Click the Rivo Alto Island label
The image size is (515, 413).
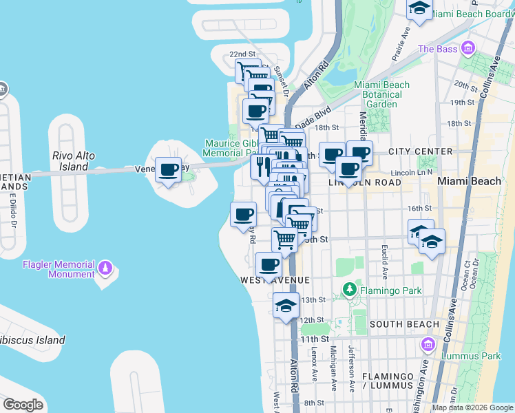[74, 161]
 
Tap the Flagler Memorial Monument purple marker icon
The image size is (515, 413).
[105, 266]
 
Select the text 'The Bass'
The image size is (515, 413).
[437, 49]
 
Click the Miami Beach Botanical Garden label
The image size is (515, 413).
[381, 94]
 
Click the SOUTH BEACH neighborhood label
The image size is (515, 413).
[404, 324]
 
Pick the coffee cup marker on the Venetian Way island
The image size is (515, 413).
[169, 169]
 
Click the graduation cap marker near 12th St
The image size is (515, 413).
[286, 306]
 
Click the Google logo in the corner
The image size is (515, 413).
[23, 405]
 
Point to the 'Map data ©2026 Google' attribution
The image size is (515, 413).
[472, 407]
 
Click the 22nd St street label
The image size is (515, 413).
[242, 54]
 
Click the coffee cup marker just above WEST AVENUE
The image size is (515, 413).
[269, 264]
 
